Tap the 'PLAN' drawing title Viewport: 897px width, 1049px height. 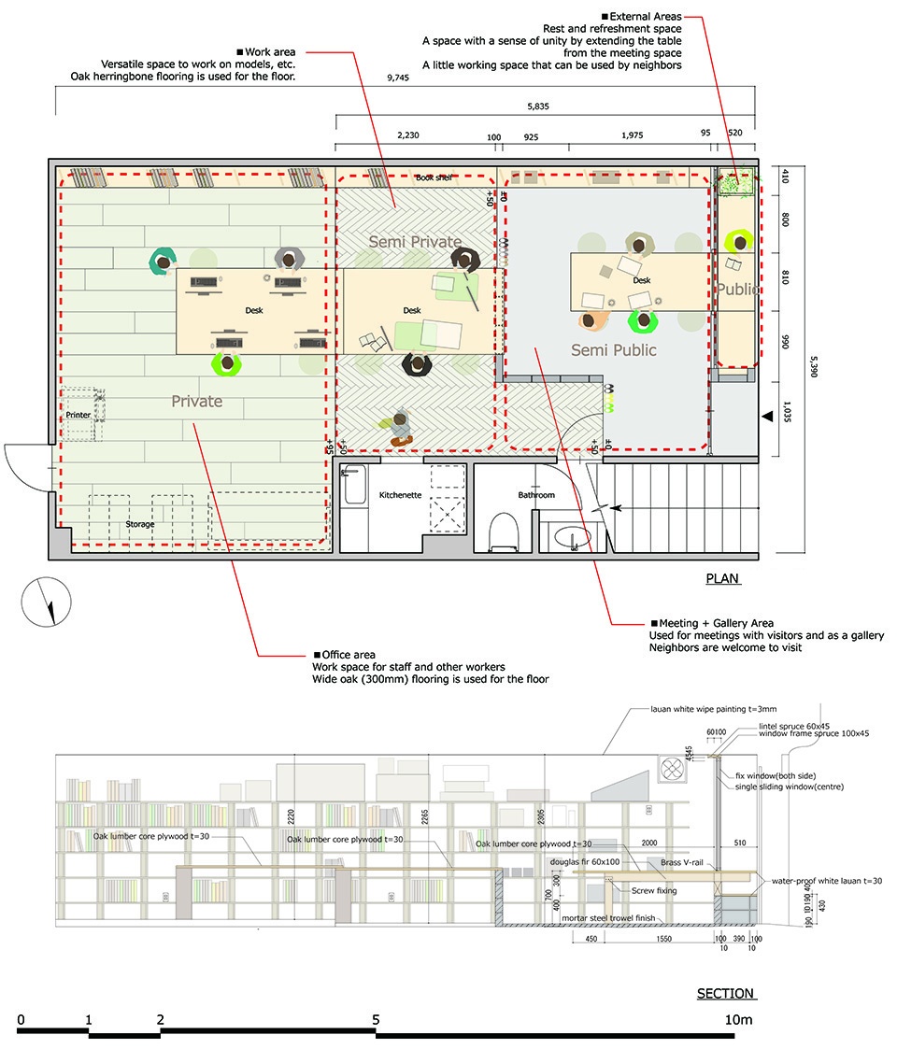coord(722,579)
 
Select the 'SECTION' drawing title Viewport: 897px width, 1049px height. coord(725,993)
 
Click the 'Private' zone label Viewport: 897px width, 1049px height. coord(196,402)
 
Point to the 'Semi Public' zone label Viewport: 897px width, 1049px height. coord(614,350)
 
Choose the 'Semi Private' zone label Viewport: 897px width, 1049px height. coord(415,242)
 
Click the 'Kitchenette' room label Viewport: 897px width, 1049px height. coord(402,494)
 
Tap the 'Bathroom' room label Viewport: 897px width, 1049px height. coord(536,495)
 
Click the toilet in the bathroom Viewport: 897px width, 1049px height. coord(503,530)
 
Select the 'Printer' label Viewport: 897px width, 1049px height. coord(78,414)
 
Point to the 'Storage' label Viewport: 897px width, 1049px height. coord(140,524)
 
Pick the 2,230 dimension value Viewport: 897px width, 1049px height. coord(408,135)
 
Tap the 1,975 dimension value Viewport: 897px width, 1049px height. coord(633,135)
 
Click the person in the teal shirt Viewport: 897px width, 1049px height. coord(164,261)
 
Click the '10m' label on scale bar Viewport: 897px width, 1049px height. coord(738,1020)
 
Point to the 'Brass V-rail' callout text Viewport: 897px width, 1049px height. coord(684,861)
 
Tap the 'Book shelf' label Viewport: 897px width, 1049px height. coord(434,177)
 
